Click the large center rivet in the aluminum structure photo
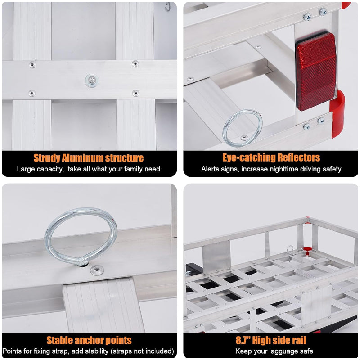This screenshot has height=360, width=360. (92, 81)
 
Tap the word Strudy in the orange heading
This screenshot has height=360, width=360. (46, 158)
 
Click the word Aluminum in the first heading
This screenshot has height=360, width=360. (82, 158)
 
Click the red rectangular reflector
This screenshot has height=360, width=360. (315, 71)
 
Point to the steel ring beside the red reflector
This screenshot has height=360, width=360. (243, 128)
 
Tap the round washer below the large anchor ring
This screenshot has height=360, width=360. (96, 270)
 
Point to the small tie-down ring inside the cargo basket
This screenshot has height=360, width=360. (290, 250)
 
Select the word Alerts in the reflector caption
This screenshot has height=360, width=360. (210, 169)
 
